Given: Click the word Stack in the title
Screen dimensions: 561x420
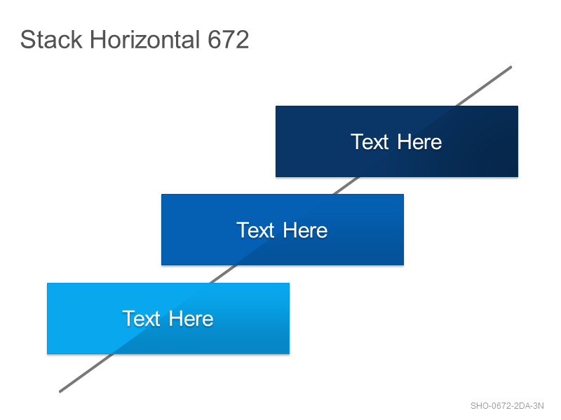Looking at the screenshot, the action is (51, 39).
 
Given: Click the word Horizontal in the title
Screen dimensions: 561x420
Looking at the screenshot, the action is (144, 39).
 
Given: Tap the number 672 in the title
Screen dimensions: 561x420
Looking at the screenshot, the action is (228, 39).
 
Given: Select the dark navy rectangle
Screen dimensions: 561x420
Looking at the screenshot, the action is (397, 141).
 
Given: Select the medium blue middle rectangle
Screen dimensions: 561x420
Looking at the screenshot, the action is (283, 230).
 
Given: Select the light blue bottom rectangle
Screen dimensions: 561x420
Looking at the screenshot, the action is (168, 318).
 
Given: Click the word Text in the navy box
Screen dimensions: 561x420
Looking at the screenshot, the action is (370, 142).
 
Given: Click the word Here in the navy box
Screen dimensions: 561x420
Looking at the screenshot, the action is (419, 142).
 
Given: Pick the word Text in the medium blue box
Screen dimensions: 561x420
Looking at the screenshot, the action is (255, 230).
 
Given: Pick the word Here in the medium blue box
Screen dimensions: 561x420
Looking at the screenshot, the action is (305, 230).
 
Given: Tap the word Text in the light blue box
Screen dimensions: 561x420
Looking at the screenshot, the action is (142, 318).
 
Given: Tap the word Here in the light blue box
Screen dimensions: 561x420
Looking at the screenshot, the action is (191, 318).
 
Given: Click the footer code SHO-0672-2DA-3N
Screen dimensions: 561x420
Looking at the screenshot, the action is (507, 406).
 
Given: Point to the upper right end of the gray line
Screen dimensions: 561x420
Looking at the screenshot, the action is (511, 66).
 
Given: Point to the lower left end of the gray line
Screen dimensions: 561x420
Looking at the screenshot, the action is (60, 391).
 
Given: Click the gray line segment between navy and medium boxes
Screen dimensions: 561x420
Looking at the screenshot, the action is (346, 185).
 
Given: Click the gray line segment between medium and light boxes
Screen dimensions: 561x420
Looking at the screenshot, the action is (222, 274).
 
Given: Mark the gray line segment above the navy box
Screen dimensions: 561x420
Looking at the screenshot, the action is (484, 86).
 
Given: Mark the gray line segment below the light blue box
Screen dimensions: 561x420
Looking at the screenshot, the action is (86, 373).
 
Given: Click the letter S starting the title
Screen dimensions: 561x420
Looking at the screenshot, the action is (27, 39).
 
